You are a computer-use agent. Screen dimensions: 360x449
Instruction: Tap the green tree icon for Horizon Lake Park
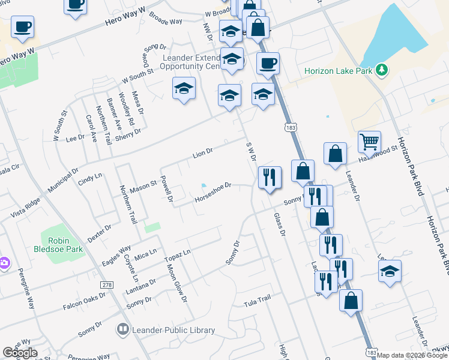tap(381, 70)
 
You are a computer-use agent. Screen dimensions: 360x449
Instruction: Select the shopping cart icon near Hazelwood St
tap(369, 142)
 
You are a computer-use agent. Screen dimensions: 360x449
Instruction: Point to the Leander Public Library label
tap(173, 330)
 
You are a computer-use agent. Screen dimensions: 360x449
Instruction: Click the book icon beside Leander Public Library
tap(123, 329)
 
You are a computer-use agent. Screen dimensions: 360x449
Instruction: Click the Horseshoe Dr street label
tap(212, 192)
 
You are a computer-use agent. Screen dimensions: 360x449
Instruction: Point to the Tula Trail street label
tap(258, 300)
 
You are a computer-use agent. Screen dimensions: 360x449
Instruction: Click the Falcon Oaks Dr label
tap(84, 302)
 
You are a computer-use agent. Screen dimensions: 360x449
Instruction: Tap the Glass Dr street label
tap(279, 224)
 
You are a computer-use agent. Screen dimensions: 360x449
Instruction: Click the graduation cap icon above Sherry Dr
tap(184, 89)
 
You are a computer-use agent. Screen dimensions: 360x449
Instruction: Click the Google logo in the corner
tap(20, 353)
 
